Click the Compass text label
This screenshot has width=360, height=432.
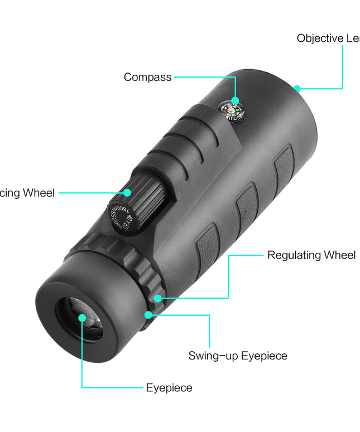click(147, 78)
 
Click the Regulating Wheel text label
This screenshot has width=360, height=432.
click(311, 255)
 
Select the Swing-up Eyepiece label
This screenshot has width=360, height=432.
click(238, 356)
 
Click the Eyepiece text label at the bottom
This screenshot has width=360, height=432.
click(169, 388)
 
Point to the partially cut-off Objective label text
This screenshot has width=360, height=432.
click(328, 39)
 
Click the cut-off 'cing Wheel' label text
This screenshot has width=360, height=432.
click(27, 193)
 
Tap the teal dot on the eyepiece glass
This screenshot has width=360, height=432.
click(83, 318)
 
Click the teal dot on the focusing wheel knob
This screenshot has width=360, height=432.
click(127, 193)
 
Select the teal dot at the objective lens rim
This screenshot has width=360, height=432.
click(297, 88)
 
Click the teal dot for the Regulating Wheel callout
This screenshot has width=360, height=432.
click(158, 298)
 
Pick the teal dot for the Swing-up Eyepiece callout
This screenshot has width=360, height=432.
click(148, 315)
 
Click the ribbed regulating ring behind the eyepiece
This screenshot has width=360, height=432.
click(134, 262)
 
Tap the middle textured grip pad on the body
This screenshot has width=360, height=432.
click(246, 207)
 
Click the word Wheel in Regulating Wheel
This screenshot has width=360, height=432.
click(338, 255)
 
